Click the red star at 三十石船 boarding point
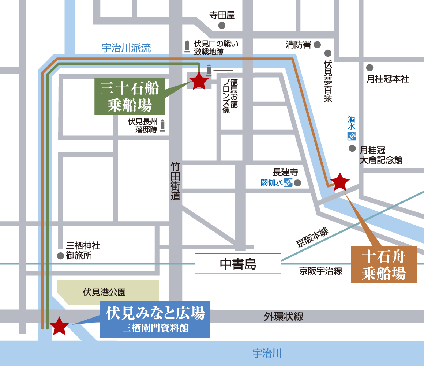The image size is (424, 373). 199,81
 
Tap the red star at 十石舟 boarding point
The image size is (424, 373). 340,181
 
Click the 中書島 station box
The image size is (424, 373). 238,264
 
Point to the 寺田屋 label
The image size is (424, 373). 222,15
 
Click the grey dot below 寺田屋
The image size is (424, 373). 222,25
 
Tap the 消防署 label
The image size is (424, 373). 298,45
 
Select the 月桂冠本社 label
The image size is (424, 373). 387,79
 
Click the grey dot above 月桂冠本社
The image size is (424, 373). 370,68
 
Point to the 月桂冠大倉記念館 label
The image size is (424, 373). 380,155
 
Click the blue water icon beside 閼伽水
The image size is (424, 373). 288,182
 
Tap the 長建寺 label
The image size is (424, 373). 285,172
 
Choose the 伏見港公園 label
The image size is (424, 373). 104,292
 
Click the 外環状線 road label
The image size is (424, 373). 284,316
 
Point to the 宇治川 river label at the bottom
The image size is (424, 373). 267,353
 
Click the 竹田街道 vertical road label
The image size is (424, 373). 176,181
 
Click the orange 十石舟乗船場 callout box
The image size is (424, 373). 384,265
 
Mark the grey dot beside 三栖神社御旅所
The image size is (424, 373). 60,255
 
